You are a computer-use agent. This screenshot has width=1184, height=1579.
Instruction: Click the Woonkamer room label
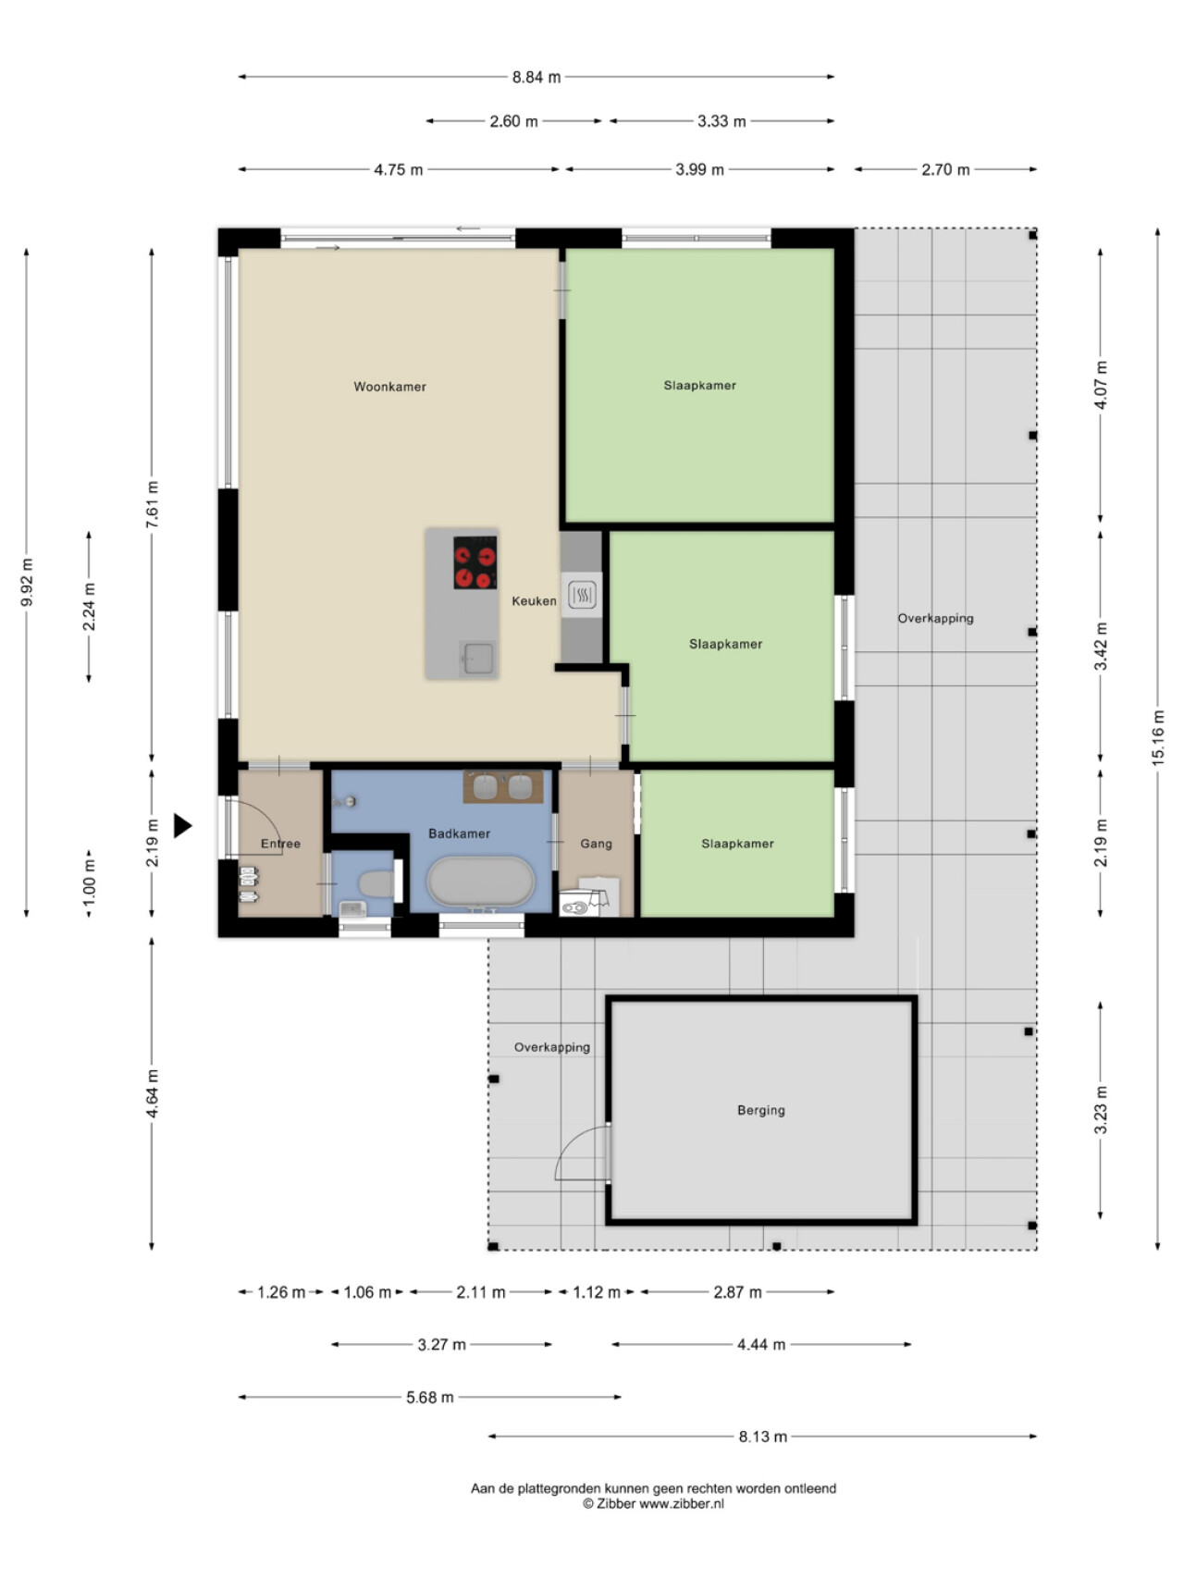(x=389, y=387)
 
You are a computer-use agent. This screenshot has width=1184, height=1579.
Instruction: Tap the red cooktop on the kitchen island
(x=475, y=563)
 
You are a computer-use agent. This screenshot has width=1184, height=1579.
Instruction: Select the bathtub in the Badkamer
(x=481, y=882)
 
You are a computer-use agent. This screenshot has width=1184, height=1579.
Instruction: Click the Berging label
(x=760, y=1110)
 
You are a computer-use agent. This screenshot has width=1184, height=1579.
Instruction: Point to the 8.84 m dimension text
(x=536, y=77)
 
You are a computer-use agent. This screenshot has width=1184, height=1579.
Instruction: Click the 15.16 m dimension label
(x=1157, y=737)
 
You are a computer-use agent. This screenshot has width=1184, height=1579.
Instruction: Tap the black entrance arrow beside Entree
(x=182, y=826)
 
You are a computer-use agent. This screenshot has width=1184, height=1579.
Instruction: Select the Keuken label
(x=535, y=601)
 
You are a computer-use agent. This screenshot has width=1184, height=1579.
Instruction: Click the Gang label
(x=596, y=844)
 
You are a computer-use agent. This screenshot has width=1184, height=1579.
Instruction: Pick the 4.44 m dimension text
(x=760, y=1345)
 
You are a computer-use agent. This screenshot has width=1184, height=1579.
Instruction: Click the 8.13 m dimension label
(x=762, y=1437)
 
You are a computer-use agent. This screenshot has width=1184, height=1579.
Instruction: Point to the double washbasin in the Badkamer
(x=503, y=786)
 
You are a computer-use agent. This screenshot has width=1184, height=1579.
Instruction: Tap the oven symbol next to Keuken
(x=582, y=595)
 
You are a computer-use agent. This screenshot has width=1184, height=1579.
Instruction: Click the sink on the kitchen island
(x=478, y=660)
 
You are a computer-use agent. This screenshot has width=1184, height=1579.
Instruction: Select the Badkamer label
(x=459, y=833)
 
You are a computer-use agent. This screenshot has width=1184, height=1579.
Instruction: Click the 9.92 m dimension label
(x=27, y=584)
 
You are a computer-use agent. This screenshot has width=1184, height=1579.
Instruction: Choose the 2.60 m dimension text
(x=513, y=121)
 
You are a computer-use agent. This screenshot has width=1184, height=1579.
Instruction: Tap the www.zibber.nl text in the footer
(x=682, y=1504)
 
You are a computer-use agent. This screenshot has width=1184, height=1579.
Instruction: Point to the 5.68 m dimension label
(x=430, y=1398)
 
